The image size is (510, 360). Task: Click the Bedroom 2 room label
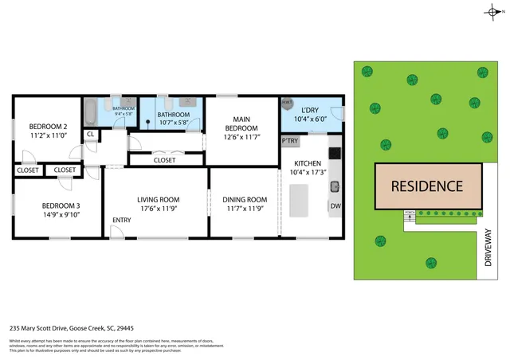[48, 127]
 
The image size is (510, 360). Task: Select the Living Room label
[158, 200]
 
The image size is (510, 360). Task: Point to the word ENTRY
[122, 221]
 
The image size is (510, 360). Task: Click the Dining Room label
[245, 200]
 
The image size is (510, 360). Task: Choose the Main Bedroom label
[241, 123]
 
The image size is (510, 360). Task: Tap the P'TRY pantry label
[289, 141]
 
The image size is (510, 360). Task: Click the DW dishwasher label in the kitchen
[335, 205]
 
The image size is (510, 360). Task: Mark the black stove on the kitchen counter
[335, 152]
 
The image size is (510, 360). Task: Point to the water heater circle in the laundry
[287, 103]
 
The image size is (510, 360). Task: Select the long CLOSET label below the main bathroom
[164, 160]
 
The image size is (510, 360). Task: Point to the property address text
[71, 327]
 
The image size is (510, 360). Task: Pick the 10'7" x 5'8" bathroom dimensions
[175, 123]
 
